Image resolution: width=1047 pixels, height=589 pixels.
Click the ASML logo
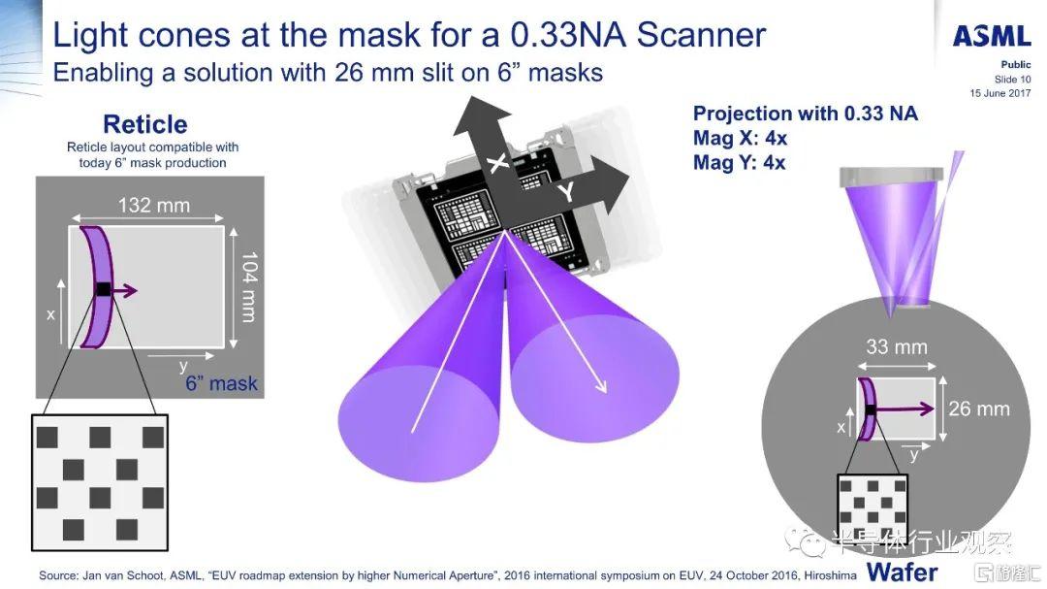click(992, 36)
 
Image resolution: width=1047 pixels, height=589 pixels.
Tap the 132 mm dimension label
click(153, 205)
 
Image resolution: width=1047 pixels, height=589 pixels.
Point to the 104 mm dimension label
click(248, 287)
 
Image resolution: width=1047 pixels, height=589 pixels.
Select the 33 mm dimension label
click(896, 347)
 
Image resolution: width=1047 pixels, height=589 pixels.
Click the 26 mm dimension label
click(979, 409)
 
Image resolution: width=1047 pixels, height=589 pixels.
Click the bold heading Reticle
click(144, 124)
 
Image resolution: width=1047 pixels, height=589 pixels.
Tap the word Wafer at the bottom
click(903, 573)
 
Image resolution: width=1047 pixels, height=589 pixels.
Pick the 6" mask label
click(221, 383)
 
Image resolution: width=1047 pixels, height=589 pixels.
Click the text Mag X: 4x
click(740, 139)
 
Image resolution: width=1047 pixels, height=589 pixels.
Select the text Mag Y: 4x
click(739, 162)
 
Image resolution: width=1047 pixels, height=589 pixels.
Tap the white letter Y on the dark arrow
click(566, 192)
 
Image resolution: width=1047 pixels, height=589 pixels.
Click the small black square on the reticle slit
click(104, 289)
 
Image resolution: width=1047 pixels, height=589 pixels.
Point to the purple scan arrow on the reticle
click(123, 290)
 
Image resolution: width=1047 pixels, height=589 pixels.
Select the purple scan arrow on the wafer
click(904, 409)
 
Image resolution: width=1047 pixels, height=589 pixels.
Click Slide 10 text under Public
click(1012, 79)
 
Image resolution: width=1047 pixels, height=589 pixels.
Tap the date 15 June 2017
click(1000, 93)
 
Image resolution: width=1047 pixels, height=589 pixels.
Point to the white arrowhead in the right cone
click(600, 386)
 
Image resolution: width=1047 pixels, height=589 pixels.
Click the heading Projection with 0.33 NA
click(806, 114)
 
